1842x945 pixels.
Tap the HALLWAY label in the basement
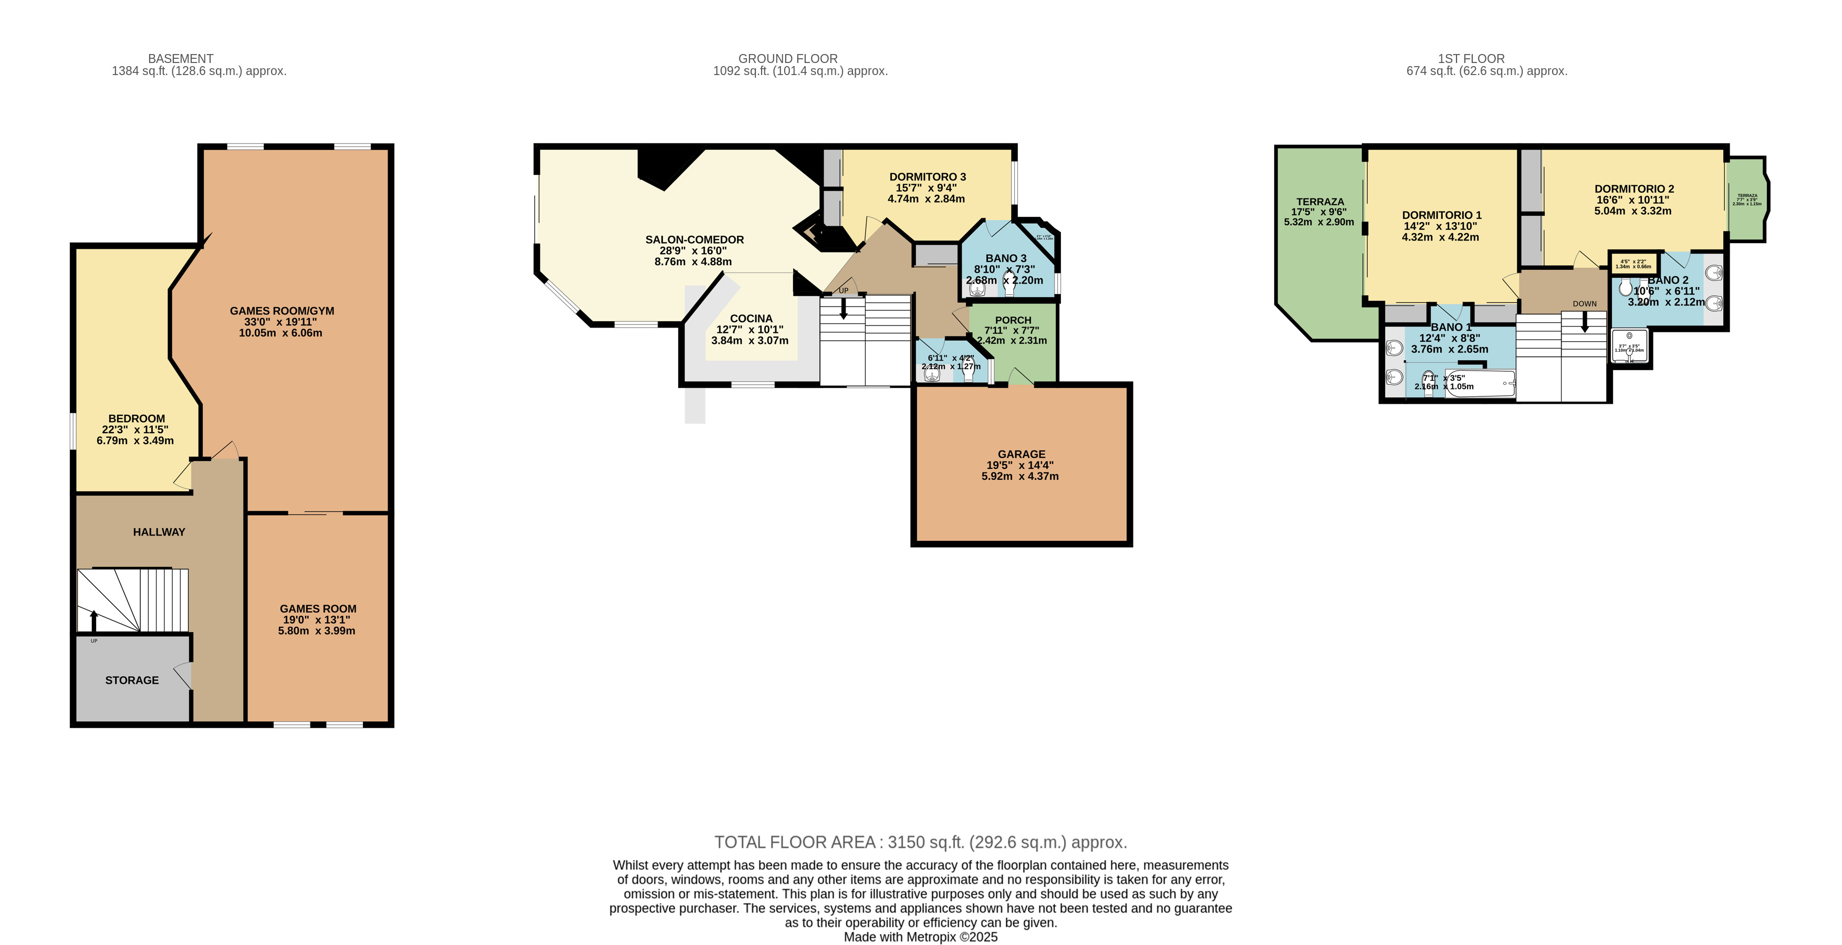pos(159,532)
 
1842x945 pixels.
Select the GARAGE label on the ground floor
pos(1021,454)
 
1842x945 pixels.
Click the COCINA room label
pos(751,319)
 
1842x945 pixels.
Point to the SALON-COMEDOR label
pos(694,239)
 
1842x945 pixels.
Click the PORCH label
pos(1013,320)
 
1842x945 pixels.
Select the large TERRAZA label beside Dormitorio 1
pos(1320,202)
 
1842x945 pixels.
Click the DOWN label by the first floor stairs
pos(1585,304)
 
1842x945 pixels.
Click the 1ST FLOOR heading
pos(1471,59)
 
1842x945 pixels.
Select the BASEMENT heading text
pos(180,59)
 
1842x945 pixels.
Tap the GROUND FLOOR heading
pos(787,59)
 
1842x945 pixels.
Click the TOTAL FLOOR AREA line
pos(920,842)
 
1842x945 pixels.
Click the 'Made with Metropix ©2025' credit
pos(920,937)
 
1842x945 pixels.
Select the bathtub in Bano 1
pos(1480,384)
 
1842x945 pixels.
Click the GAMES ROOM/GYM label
pos(282,311)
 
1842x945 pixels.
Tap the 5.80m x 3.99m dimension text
pos(316,631)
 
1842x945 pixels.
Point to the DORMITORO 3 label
pos(928,176)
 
